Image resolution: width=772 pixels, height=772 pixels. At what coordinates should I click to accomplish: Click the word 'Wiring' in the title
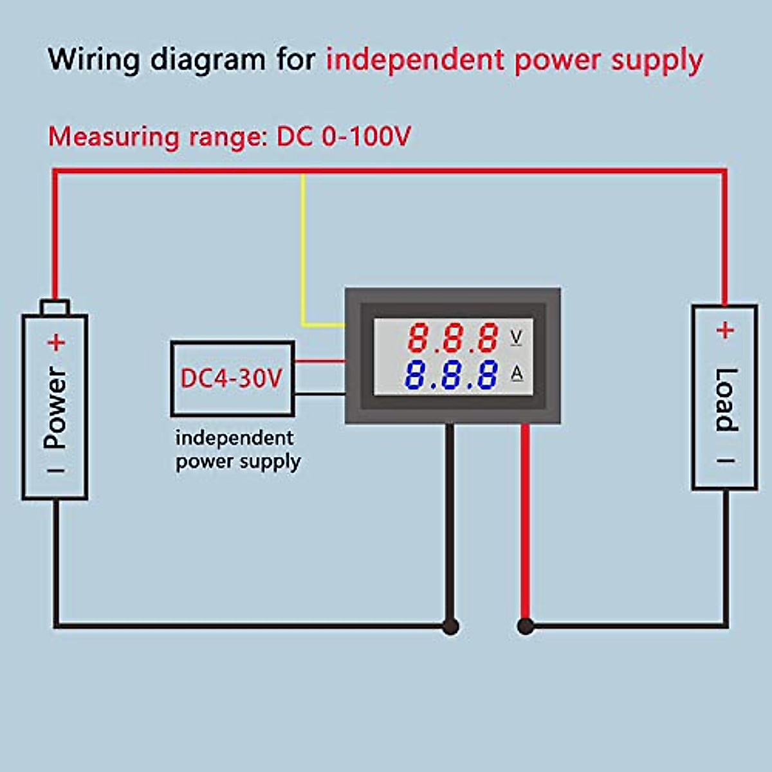94,60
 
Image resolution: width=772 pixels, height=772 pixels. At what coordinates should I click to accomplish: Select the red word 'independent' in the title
415,60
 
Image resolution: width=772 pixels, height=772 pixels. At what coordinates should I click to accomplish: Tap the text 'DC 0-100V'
343,137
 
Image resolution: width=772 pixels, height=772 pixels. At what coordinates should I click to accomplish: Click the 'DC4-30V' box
232,378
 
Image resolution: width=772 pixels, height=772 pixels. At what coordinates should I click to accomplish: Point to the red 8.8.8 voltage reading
454,338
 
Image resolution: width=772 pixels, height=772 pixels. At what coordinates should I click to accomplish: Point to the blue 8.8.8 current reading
452,375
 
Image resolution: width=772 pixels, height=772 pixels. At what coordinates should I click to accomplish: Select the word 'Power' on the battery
55,407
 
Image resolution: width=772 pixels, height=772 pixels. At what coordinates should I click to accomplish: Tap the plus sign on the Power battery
56,342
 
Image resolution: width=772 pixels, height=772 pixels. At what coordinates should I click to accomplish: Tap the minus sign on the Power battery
56,470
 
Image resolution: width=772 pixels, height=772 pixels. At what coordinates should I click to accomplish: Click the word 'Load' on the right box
725,400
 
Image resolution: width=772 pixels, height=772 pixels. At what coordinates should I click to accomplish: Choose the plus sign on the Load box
725,331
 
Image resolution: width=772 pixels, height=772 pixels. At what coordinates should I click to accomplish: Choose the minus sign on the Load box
726,461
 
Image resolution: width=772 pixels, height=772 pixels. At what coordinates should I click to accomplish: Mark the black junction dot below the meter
450,625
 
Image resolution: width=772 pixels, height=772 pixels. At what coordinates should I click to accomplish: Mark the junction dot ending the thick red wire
526,625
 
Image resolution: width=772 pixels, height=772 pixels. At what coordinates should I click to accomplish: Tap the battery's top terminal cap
55,308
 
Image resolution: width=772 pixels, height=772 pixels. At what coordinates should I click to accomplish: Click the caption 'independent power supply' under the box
237,450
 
